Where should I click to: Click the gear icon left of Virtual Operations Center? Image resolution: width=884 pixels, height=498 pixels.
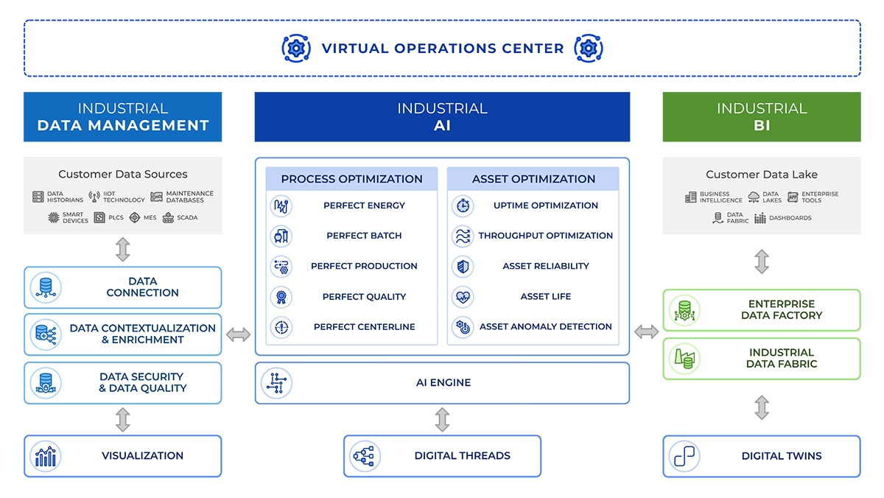tap(296, 48)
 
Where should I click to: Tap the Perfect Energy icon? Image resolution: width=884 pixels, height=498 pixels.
tap(281, 206)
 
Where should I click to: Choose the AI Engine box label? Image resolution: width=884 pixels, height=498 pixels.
tap(443, 382)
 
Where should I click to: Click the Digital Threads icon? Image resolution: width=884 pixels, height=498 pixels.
tap(365, 456)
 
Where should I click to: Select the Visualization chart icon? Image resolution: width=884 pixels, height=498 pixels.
tap(45, 456)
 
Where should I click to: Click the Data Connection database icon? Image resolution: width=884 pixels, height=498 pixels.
tap(45, 287)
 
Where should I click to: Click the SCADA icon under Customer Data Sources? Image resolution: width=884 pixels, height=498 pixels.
tap(168, 218)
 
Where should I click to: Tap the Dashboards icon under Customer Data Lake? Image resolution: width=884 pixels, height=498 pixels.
tap(760, 218)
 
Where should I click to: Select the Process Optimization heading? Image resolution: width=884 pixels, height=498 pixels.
tap(351, 179)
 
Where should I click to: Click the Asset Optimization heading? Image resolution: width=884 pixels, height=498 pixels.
tap(533, 179)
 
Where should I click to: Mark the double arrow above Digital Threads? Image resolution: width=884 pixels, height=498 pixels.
tap(442, 419)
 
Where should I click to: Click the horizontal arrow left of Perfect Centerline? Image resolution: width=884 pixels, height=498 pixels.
tap(238, 335)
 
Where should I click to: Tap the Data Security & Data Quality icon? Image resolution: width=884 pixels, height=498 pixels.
tap(45, 383)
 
